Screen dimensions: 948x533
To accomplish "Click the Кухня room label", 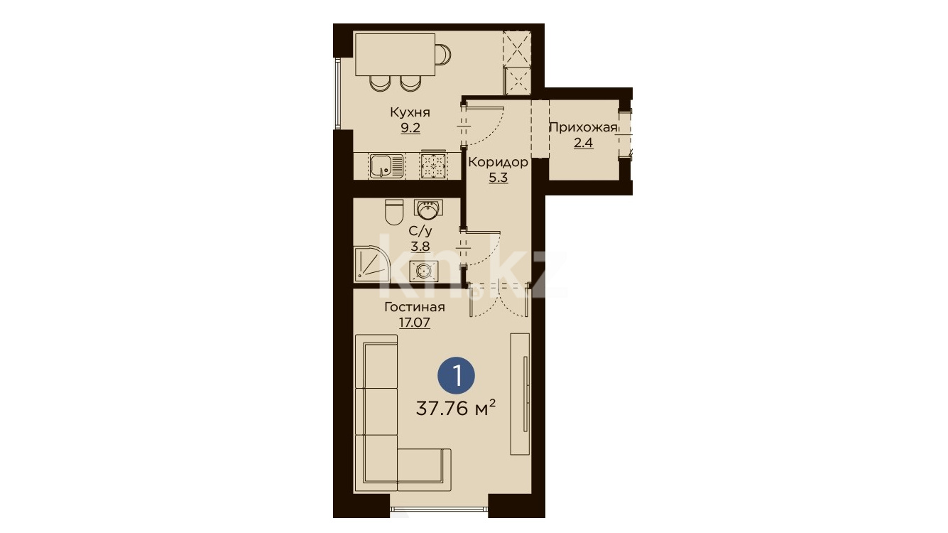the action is point(410,112).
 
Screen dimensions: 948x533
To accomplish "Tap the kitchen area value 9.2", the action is point(410,128).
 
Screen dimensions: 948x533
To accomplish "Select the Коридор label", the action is point(498,162).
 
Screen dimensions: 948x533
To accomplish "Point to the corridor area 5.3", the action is point(498,178).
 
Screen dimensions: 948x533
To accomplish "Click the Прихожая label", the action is point(583,127).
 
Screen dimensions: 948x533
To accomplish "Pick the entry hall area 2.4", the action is point(583,143).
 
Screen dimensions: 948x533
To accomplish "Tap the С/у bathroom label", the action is point(420,231).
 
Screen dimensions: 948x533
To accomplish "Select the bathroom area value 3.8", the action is point(420,246).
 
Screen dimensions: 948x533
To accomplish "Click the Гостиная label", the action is point(414,307).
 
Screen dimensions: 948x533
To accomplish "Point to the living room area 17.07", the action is point(414,323).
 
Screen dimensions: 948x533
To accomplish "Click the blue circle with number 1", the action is point(457,376).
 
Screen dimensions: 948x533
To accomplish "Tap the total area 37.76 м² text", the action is point(456,409).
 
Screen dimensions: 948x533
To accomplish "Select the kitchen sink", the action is point(386,166).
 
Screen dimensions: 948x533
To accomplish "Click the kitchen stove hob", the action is point(432,166).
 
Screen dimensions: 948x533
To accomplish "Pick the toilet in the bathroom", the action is point(394,212).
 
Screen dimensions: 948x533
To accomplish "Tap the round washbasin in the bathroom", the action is point(428,210).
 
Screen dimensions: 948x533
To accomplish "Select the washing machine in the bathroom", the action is point(424,271).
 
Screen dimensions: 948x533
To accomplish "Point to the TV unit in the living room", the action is point(520,394).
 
